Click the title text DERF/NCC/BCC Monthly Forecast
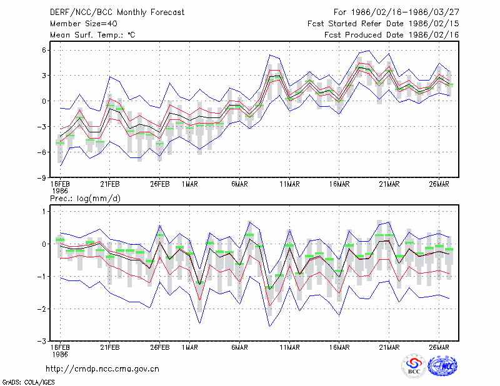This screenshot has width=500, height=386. coord(117,12)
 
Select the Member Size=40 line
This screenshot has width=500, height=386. coord(84,24)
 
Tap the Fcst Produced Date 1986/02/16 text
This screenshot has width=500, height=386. coord(392,35)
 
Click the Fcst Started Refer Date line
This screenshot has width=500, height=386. coord(383,24)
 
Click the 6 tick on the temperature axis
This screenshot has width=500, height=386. coord(44,50)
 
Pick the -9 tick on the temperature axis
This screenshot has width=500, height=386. coord(41,177)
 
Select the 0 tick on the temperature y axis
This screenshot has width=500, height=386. coord(44,101)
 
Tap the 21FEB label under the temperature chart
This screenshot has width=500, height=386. coord(110,184)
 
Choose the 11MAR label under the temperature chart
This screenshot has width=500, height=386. coord(289,184)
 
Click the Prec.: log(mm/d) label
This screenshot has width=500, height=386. coord(85,199)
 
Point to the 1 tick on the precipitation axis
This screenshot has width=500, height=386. coord(44,211)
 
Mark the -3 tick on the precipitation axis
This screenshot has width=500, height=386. coord(41,342)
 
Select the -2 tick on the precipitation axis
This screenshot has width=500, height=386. coord(41,309)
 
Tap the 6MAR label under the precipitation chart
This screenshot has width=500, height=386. coord(239,347)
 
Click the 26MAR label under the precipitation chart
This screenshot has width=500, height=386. coord(439,347)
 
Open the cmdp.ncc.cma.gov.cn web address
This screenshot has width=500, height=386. coord(102,369)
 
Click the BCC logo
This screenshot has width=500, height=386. coord(414,365)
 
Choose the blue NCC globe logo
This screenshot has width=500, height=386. coord(442,365)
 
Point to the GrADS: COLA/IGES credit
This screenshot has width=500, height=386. coord(28,382)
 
